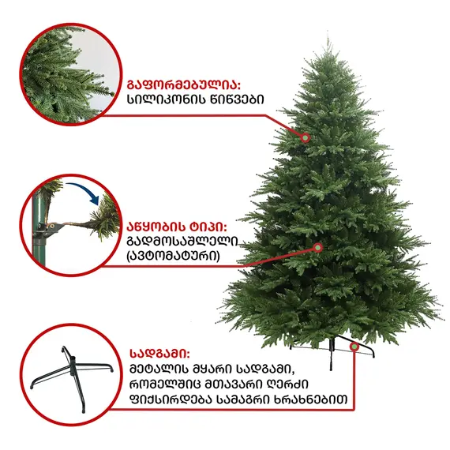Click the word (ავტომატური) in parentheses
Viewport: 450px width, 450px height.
coord(173,256)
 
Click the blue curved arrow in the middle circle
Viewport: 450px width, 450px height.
coord(87,193)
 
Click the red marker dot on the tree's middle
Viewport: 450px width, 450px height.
coord(318,247)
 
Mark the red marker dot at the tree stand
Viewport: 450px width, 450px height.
coord(354,346)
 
